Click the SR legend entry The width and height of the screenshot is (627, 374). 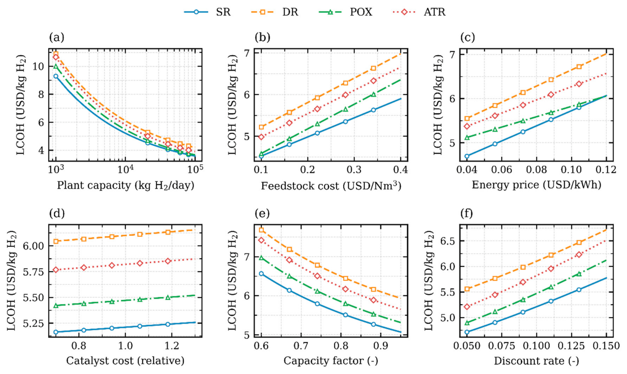[x=207, y=12]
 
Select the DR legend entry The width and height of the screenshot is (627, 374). [x=275, y=12]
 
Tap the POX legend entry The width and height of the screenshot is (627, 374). [x=345, y=12]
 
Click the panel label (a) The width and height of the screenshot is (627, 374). [x=56, y=37]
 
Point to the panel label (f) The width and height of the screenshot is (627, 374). [x=467, y=213]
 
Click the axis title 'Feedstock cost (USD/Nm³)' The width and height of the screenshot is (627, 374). [x=331, y=186]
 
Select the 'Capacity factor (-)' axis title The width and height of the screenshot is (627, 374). [x=331, y=361]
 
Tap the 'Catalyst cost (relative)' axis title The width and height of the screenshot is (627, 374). [x=125, y=361]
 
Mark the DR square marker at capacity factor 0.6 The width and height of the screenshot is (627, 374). [x=261, y=230]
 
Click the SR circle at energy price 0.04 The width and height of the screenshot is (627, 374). [x=467, y=156]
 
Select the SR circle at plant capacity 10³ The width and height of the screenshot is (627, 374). [x=56, y=76]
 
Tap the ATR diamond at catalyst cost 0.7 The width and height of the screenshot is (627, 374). [x=56, y=270]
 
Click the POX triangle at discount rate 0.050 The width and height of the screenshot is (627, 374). [x=467, y=323]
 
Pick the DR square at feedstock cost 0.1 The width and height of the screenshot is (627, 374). [x=261, y=127]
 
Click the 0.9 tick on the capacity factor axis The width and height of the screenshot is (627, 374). [x=381, y=346]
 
